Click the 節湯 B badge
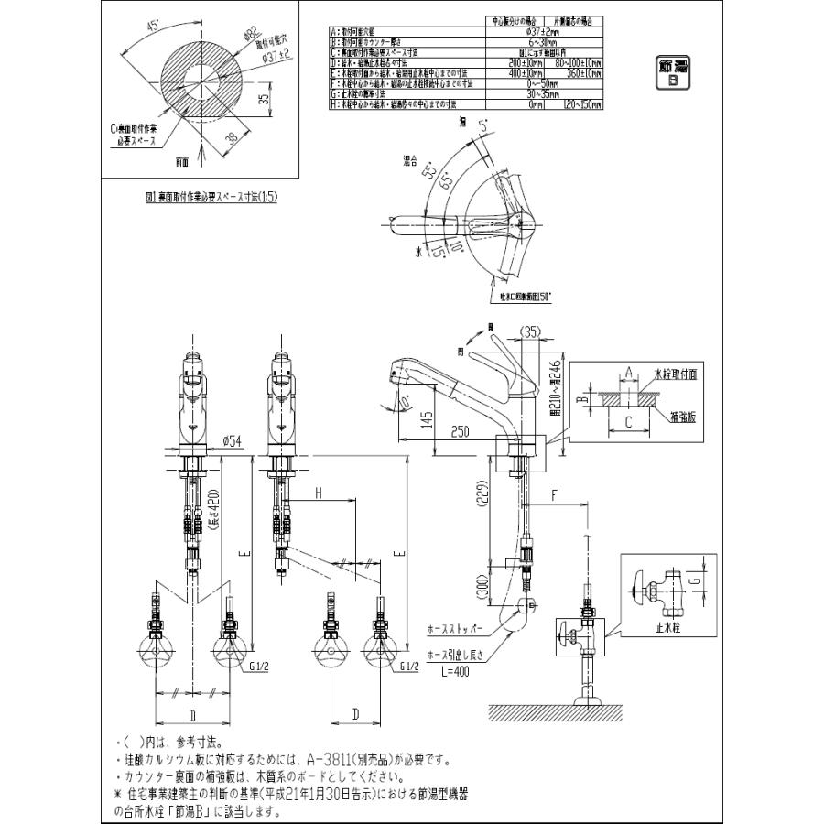pyautogui.click(x=673, y=72)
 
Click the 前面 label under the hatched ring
pyautogui.click(x=182, y=161)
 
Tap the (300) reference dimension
pyautogui.click(x=482, y=584)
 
